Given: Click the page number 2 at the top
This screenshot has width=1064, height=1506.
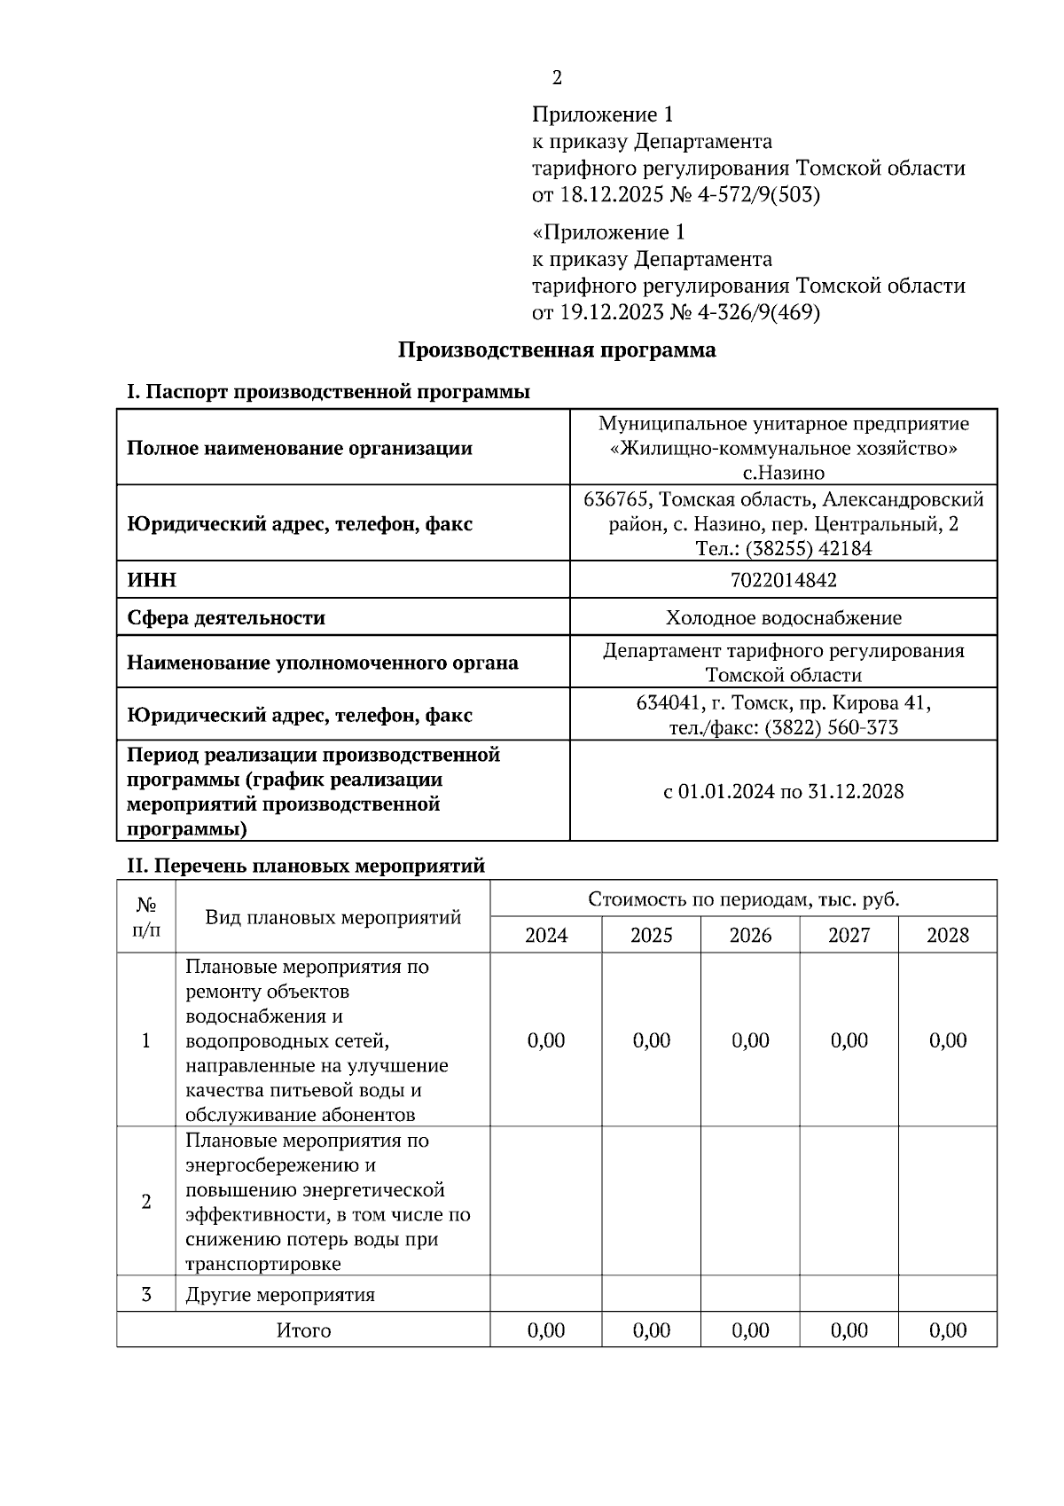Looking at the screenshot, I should (x=557, y=78).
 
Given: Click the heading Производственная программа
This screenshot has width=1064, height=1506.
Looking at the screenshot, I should (x=556, y=349).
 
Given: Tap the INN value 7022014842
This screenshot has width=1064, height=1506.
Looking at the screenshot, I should (x=783, y=580).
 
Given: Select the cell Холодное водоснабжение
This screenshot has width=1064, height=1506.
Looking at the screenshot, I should (x=783, y=617).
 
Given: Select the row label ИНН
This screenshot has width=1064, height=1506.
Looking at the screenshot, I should (x=152, y=580).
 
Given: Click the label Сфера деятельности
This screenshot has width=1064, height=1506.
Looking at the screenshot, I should (x=226, y=617).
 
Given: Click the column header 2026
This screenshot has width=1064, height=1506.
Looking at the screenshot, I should (x=750, y=935).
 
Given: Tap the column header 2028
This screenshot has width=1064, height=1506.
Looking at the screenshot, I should (x=947, y=935).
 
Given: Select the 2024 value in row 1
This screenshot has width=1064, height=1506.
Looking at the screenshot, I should (x=545, y=1040).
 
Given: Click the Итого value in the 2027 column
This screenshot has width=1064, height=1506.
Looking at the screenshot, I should (x=849, y=1330).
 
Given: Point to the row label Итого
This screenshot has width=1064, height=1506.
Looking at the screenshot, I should (x=303, y=1330).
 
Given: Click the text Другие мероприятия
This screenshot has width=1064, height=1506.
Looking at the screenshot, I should (x=280, y=1295).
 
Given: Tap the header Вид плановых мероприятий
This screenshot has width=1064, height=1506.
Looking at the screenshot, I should (x=332, y=917).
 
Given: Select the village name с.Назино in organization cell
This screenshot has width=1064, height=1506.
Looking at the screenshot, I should (x=783, y=473).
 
